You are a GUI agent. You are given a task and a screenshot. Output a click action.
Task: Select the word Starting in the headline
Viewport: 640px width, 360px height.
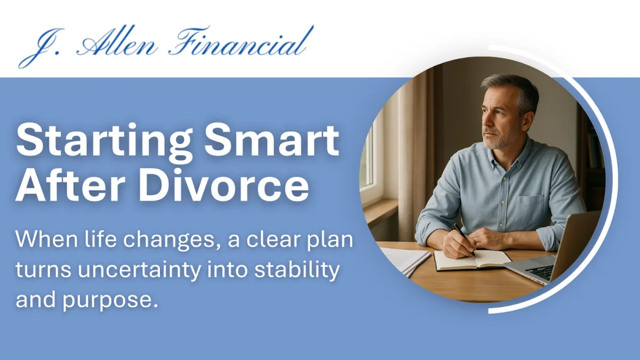point(102,140)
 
